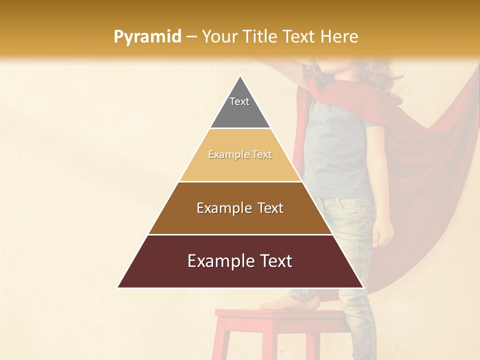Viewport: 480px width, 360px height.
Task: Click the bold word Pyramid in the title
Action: (x=147, y=37)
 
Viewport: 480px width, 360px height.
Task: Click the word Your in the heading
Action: (x=220, y=36)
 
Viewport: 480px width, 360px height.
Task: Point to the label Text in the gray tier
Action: (x=239, y=101)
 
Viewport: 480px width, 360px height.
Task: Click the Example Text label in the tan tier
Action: (x=240, y=154)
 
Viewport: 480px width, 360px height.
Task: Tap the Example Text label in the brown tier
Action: (x=240, y=208)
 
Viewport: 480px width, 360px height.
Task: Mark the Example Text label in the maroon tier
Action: (x=240, y=261)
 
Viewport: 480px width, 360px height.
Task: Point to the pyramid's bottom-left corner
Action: (x=118, y=287)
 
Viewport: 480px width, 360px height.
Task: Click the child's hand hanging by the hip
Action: (x=383, y=232)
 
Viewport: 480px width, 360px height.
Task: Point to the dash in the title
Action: (x=191, y=37)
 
